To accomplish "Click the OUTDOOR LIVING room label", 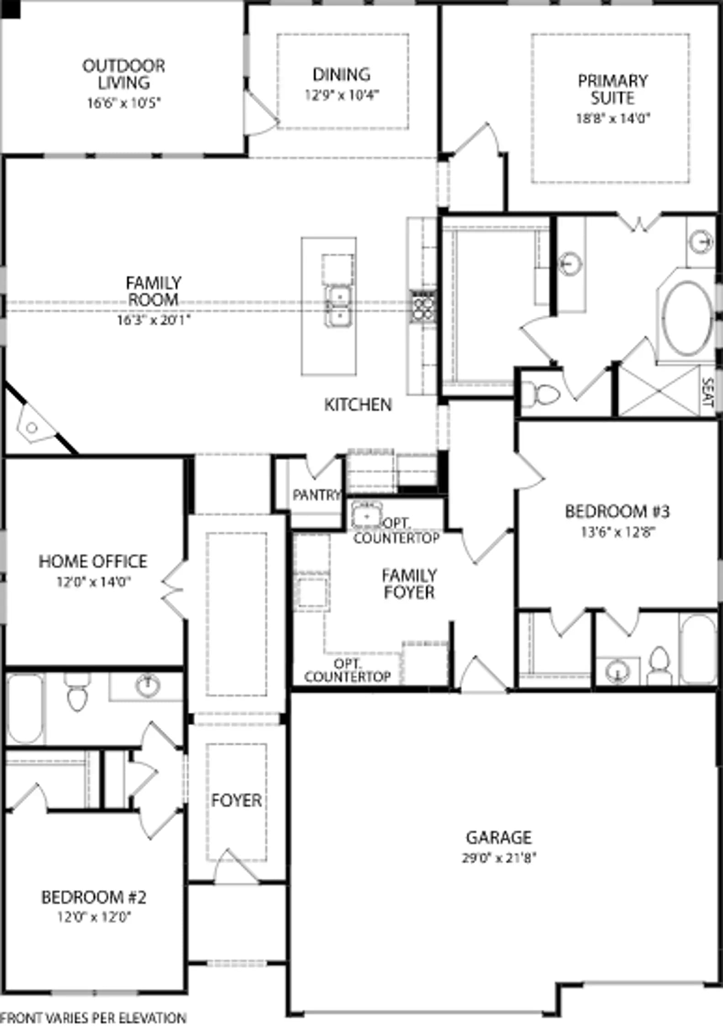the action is pyautogui.click(x=124, y=74).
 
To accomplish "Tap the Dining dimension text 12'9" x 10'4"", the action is pyautogui.click(x=342, y=95).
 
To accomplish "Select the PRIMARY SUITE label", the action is pyautogui.click(x=612, y=89).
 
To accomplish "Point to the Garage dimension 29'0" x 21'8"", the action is pyautogui.click(x=499, y=858).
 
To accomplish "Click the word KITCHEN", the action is pyautogui.click(x=358, y=404).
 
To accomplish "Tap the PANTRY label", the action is pyautogui.click(x=317, y=495).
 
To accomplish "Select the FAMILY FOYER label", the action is pyautogui.click(x=409, y=584).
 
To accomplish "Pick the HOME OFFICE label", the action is pyautogui.click(x=93, y=561).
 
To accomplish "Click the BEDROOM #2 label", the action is pyautogui.click(x=94, y=897).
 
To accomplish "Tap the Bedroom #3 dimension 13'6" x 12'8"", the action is pyautogui.click(x=618, y=532).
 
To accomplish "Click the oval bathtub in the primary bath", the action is pyautogui.click(x=687, y=318).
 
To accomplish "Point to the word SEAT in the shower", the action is pyautogui.click(x=707, y=392).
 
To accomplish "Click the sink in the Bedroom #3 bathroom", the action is pyautogui.click(x=617, y=671).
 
